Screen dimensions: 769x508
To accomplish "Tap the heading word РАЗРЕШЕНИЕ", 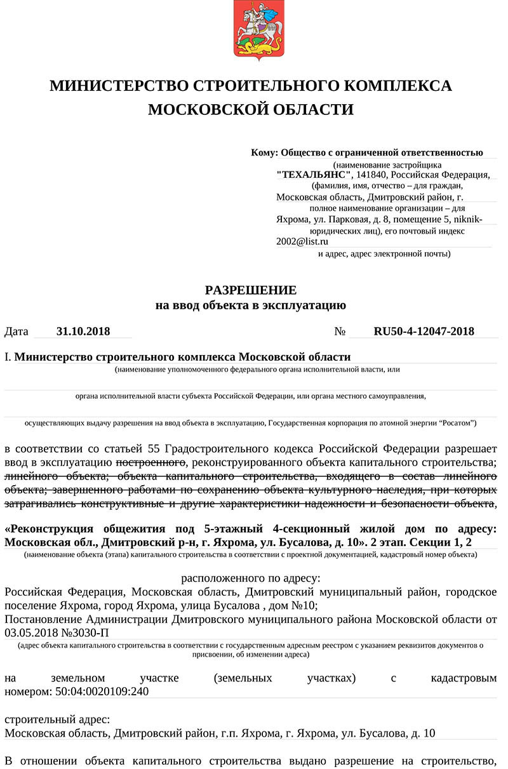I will click(251, 290).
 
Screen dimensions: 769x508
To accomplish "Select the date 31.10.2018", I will click(83, 331).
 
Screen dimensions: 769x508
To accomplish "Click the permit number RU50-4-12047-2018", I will click(424, 331).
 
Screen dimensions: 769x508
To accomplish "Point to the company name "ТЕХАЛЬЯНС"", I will click(314, 175).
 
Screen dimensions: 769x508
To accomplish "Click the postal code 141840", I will click(372, 175).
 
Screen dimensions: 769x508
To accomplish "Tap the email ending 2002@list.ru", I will click(302, 241).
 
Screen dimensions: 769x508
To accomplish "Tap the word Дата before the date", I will click(17, 331).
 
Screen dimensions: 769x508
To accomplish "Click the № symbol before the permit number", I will click(339, 331).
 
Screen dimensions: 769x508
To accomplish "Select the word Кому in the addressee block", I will click(264, 152).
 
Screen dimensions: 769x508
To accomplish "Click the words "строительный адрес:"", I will click(57, 719).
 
